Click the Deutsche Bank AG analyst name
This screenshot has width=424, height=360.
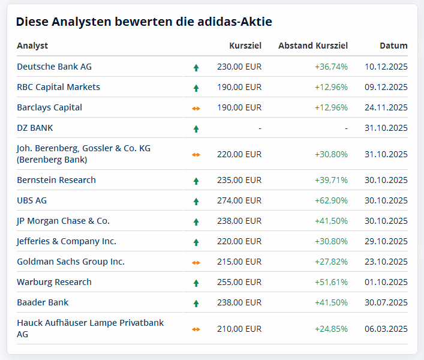[54, 67]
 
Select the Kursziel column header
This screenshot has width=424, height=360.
[245, 46]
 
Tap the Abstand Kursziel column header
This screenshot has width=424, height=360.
[312, 46]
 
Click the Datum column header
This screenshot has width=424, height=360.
[393, 46]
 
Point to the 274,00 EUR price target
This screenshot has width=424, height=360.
[239, 200]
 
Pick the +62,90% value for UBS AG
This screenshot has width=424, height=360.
[331, 200]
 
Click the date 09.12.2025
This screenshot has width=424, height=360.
[386, 87]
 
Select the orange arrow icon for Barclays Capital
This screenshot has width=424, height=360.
[196, 108]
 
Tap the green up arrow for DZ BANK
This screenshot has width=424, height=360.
[196, 128]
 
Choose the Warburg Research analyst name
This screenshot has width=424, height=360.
[54, 282]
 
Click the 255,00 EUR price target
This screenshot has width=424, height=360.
[239, 282]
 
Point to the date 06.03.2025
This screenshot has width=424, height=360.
[386, 328]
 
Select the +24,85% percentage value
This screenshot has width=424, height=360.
[331, 328]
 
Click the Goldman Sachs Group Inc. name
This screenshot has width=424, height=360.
[71, 262]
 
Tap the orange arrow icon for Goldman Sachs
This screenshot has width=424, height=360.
[196, 262]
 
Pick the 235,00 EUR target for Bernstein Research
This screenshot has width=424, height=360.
[239, 180]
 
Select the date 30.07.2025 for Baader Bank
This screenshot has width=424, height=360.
[386, 302]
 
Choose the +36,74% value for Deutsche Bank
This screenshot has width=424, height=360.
[331, 67]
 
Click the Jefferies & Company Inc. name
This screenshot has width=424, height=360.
[67, 241]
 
